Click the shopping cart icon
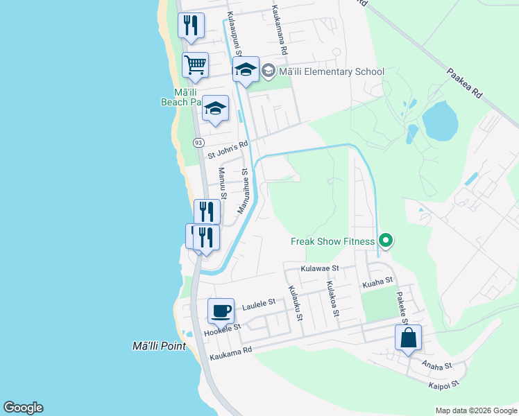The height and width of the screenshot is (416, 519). coord(195,65)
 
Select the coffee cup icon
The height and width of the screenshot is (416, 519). coord(221,311)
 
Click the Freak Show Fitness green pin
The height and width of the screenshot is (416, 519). coord(386,241)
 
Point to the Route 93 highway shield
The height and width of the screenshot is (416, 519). coord(198,142)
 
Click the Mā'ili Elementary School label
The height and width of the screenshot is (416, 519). coord(330,71)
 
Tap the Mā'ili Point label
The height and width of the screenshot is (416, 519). coord(160,346)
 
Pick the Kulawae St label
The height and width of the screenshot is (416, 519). coord(319,268)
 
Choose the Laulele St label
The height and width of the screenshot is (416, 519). coord(259,303)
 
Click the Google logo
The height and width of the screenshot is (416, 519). coord(23,408)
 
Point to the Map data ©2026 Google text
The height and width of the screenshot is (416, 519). coord(475,410)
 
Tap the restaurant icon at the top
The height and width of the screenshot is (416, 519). coord(191,25)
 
